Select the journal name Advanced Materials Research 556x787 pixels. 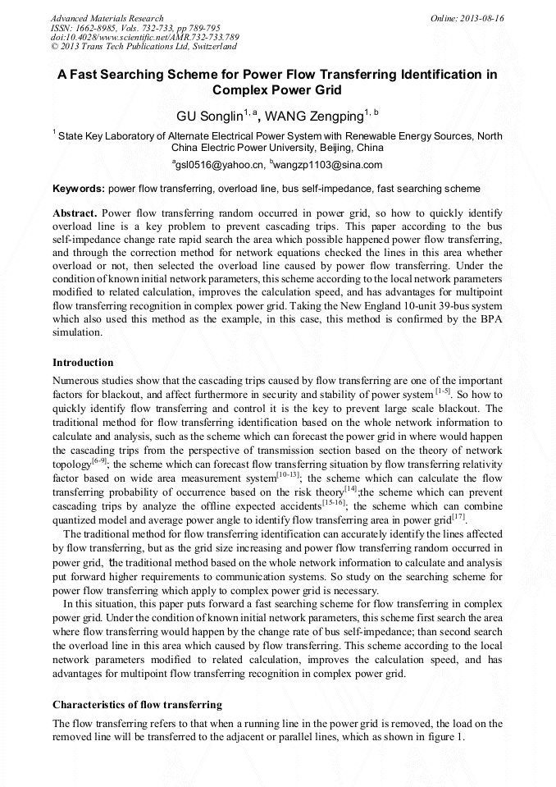107,18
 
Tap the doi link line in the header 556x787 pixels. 144,38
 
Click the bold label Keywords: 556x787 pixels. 79,189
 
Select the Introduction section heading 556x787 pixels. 83,362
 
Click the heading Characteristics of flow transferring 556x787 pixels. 137,705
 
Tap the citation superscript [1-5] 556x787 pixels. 443,392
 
